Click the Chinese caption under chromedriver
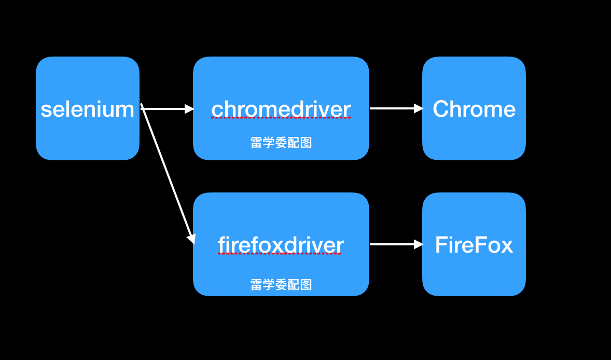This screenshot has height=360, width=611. (x=281, y=143)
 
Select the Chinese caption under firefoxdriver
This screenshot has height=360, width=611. (x=281, y=284)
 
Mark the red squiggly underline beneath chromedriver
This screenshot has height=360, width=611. (x=281, y=118)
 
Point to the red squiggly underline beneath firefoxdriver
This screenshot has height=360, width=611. (x=281, y=254)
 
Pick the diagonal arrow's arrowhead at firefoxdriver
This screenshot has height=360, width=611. (x=191, y=238)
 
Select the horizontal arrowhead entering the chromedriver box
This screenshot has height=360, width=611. (x=189, y=109)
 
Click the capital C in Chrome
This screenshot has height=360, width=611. (x=441, y=109)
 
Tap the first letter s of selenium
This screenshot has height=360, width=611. (x=46, y=110)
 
